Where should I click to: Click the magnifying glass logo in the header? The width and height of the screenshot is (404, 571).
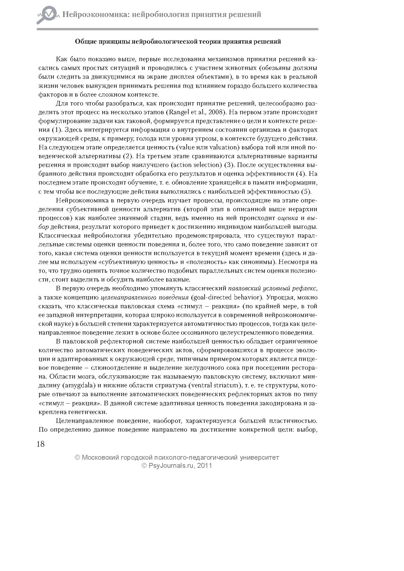point(46,15)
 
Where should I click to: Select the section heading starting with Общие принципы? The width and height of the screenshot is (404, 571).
point(178,42)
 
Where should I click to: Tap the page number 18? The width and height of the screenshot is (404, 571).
point(41,444)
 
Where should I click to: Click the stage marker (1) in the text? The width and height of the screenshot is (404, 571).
point(56,130)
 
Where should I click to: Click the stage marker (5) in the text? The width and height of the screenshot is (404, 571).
point(306,191)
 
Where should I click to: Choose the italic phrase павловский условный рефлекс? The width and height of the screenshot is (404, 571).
point(272,288)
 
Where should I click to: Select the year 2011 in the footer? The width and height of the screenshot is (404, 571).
point(205,466)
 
